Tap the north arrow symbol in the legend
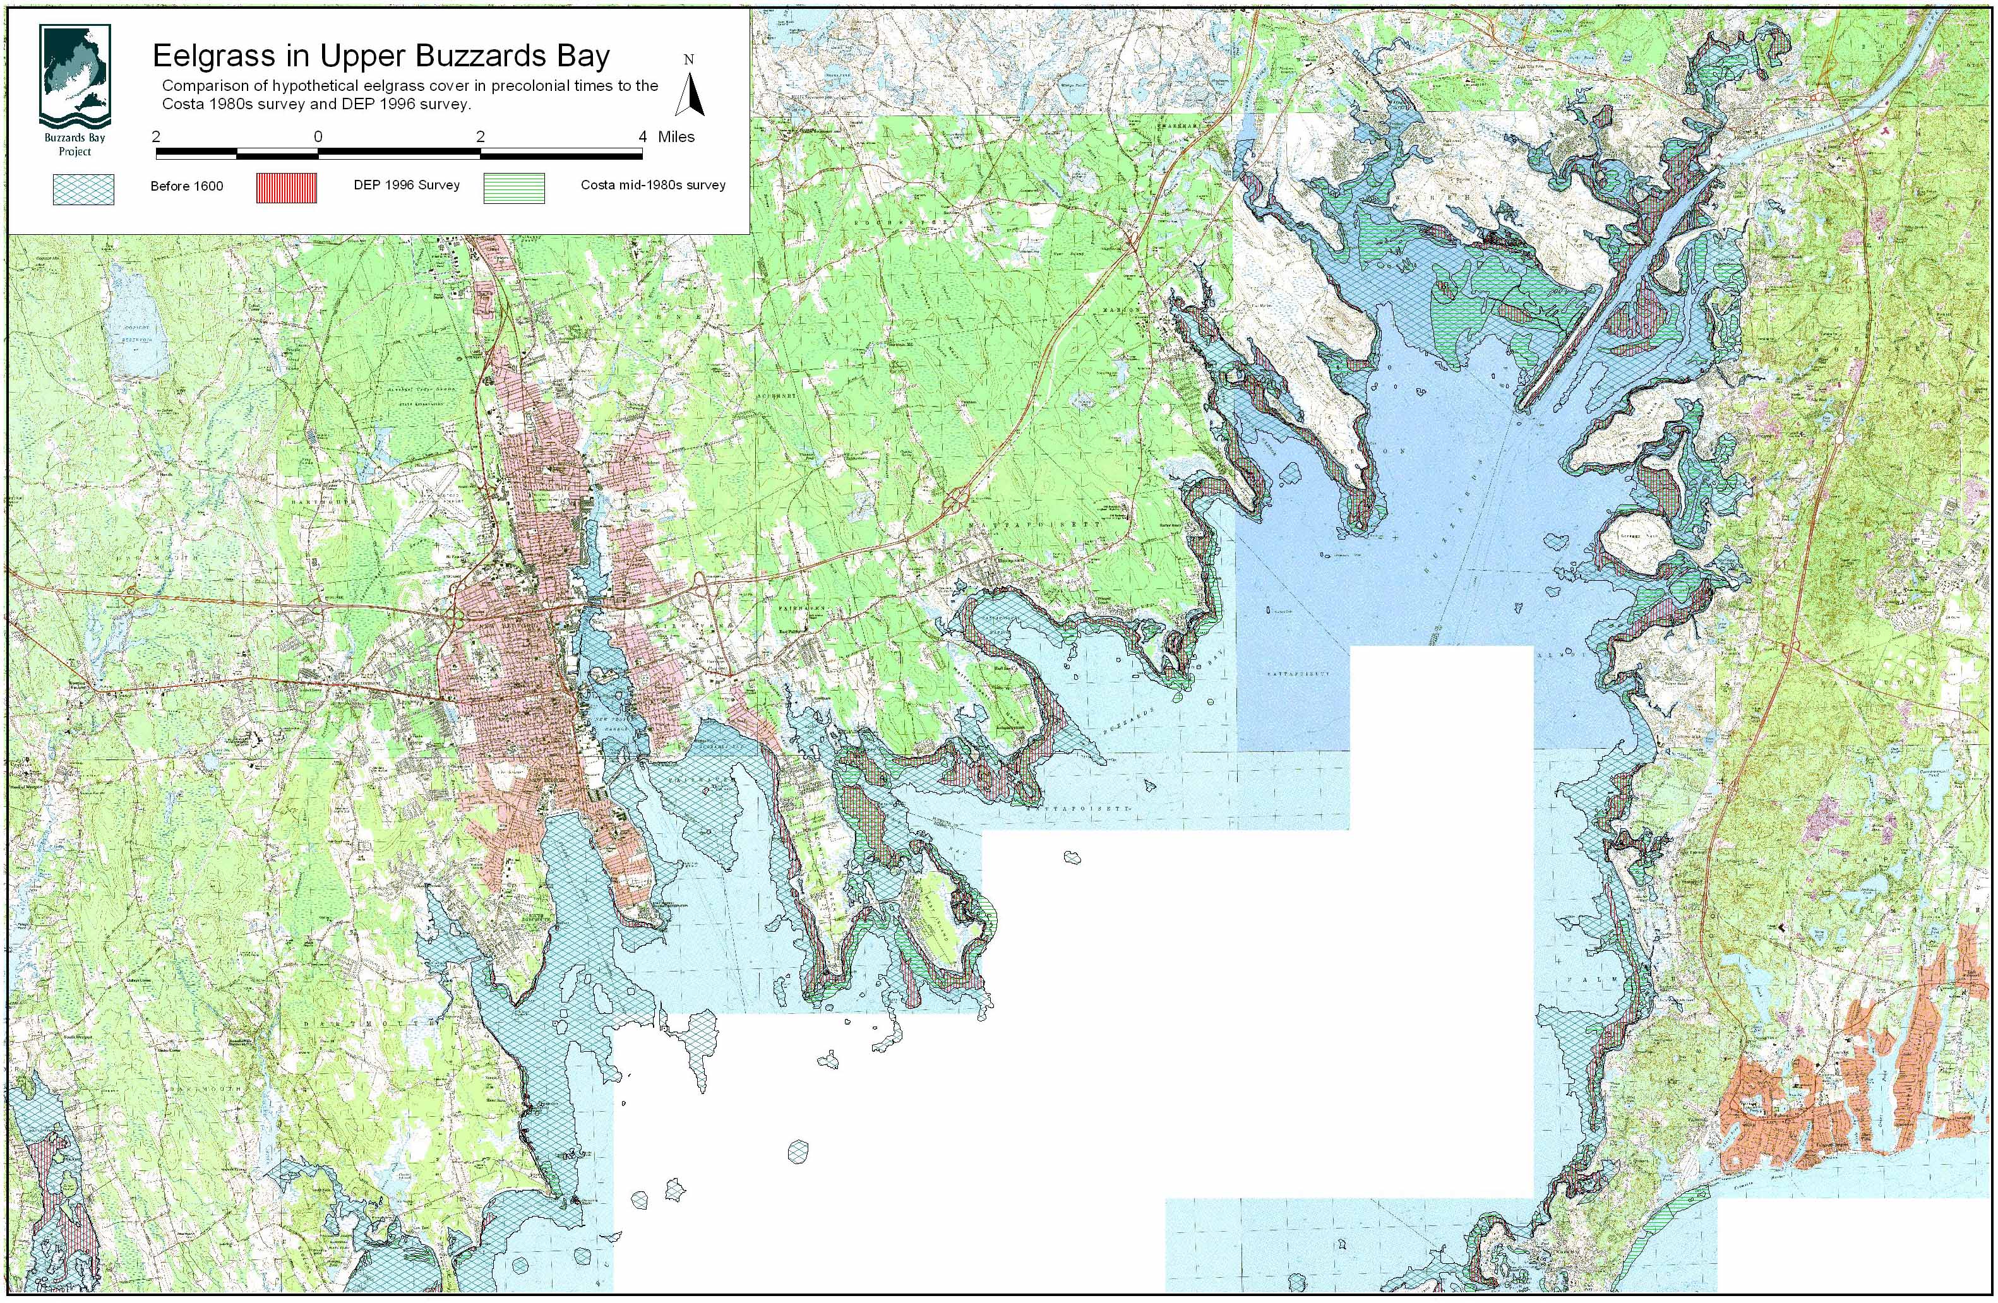(690, 95)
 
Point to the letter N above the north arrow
(688, 59)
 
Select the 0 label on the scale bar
(318, 137)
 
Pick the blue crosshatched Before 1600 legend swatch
(83, 189)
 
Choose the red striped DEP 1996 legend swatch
(286, 188)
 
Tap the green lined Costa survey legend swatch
(514, 188)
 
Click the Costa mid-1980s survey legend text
(652, 184)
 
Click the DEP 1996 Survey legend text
(406, 184)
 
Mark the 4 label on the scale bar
(642, 137)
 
